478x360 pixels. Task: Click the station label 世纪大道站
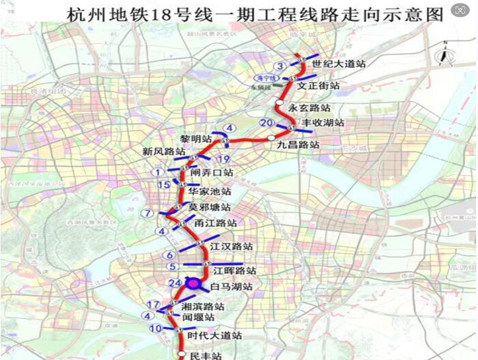[338, 64]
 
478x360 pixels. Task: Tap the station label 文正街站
[318, 85]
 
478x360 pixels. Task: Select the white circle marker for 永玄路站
[279, 103]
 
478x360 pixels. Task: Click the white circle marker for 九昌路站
[272, 138]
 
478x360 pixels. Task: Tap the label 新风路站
[163, 152]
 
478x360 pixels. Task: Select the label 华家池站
[209, 192]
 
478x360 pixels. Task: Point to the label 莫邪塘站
[209, 207]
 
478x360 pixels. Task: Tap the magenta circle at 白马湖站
[192, 283]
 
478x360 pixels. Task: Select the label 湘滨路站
[203, 306]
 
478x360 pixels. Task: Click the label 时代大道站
[214, 335]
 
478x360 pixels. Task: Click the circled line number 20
[267, 123]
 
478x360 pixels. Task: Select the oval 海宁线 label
[265, 78]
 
